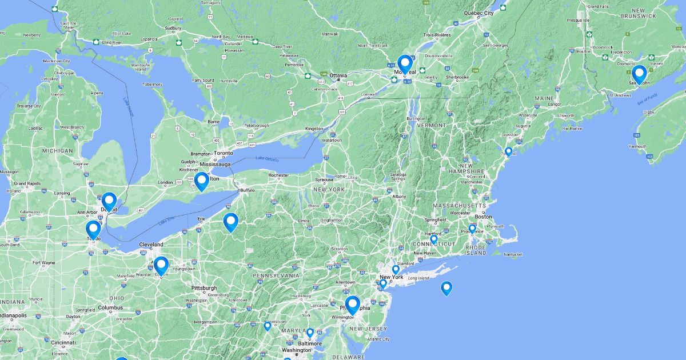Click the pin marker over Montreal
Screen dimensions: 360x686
pos(405,64)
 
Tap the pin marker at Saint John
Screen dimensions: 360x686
pos(639,74)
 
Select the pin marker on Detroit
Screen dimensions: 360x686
pos(109,201)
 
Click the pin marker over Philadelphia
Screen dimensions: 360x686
pos(352,305)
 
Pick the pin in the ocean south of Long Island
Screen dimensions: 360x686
pos(446,288)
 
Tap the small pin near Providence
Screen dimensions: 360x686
pos(472,229)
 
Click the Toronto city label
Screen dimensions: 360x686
pos(224,153)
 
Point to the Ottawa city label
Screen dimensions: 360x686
pos(338,75)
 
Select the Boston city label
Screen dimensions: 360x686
pos(483,217)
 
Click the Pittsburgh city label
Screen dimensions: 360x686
pos(204,288)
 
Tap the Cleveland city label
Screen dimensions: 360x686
pos(151,245)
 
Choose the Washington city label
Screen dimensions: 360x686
pos(296,350)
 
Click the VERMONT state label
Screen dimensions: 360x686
pos(432,125)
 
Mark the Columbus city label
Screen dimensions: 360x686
pos(110,307)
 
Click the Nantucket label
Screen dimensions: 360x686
pos(513,254)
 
